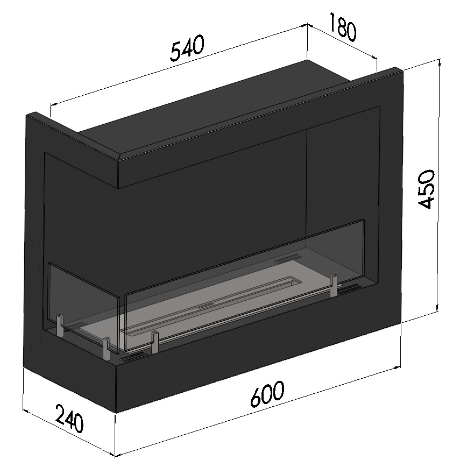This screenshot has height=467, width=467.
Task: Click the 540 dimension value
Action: [x=188, y=49]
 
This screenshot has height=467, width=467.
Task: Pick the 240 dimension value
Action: [x=69, y=419]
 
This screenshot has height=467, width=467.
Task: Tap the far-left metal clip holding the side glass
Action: [x=59, y=326]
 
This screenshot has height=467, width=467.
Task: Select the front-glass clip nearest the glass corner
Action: [x=155, y=342]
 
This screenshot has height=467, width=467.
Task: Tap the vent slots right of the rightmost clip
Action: [x=352, y=288]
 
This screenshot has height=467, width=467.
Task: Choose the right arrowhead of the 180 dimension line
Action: [x=376, y=58]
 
